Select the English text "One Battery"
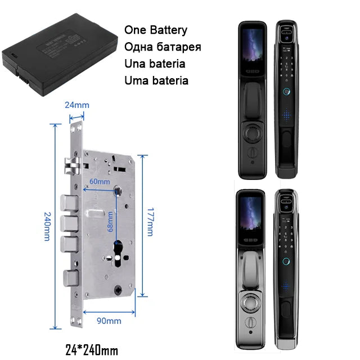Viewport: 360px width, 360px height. click(156, 30)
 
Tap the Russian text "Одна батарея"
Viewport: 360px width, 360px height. click(162, 47)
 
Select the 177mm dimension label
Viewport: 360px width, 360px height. click(150, 220)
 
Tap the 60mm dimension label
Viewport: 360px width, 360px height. click(100, 182)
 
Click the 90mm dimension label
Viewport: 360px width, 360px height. click(109, 321)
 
